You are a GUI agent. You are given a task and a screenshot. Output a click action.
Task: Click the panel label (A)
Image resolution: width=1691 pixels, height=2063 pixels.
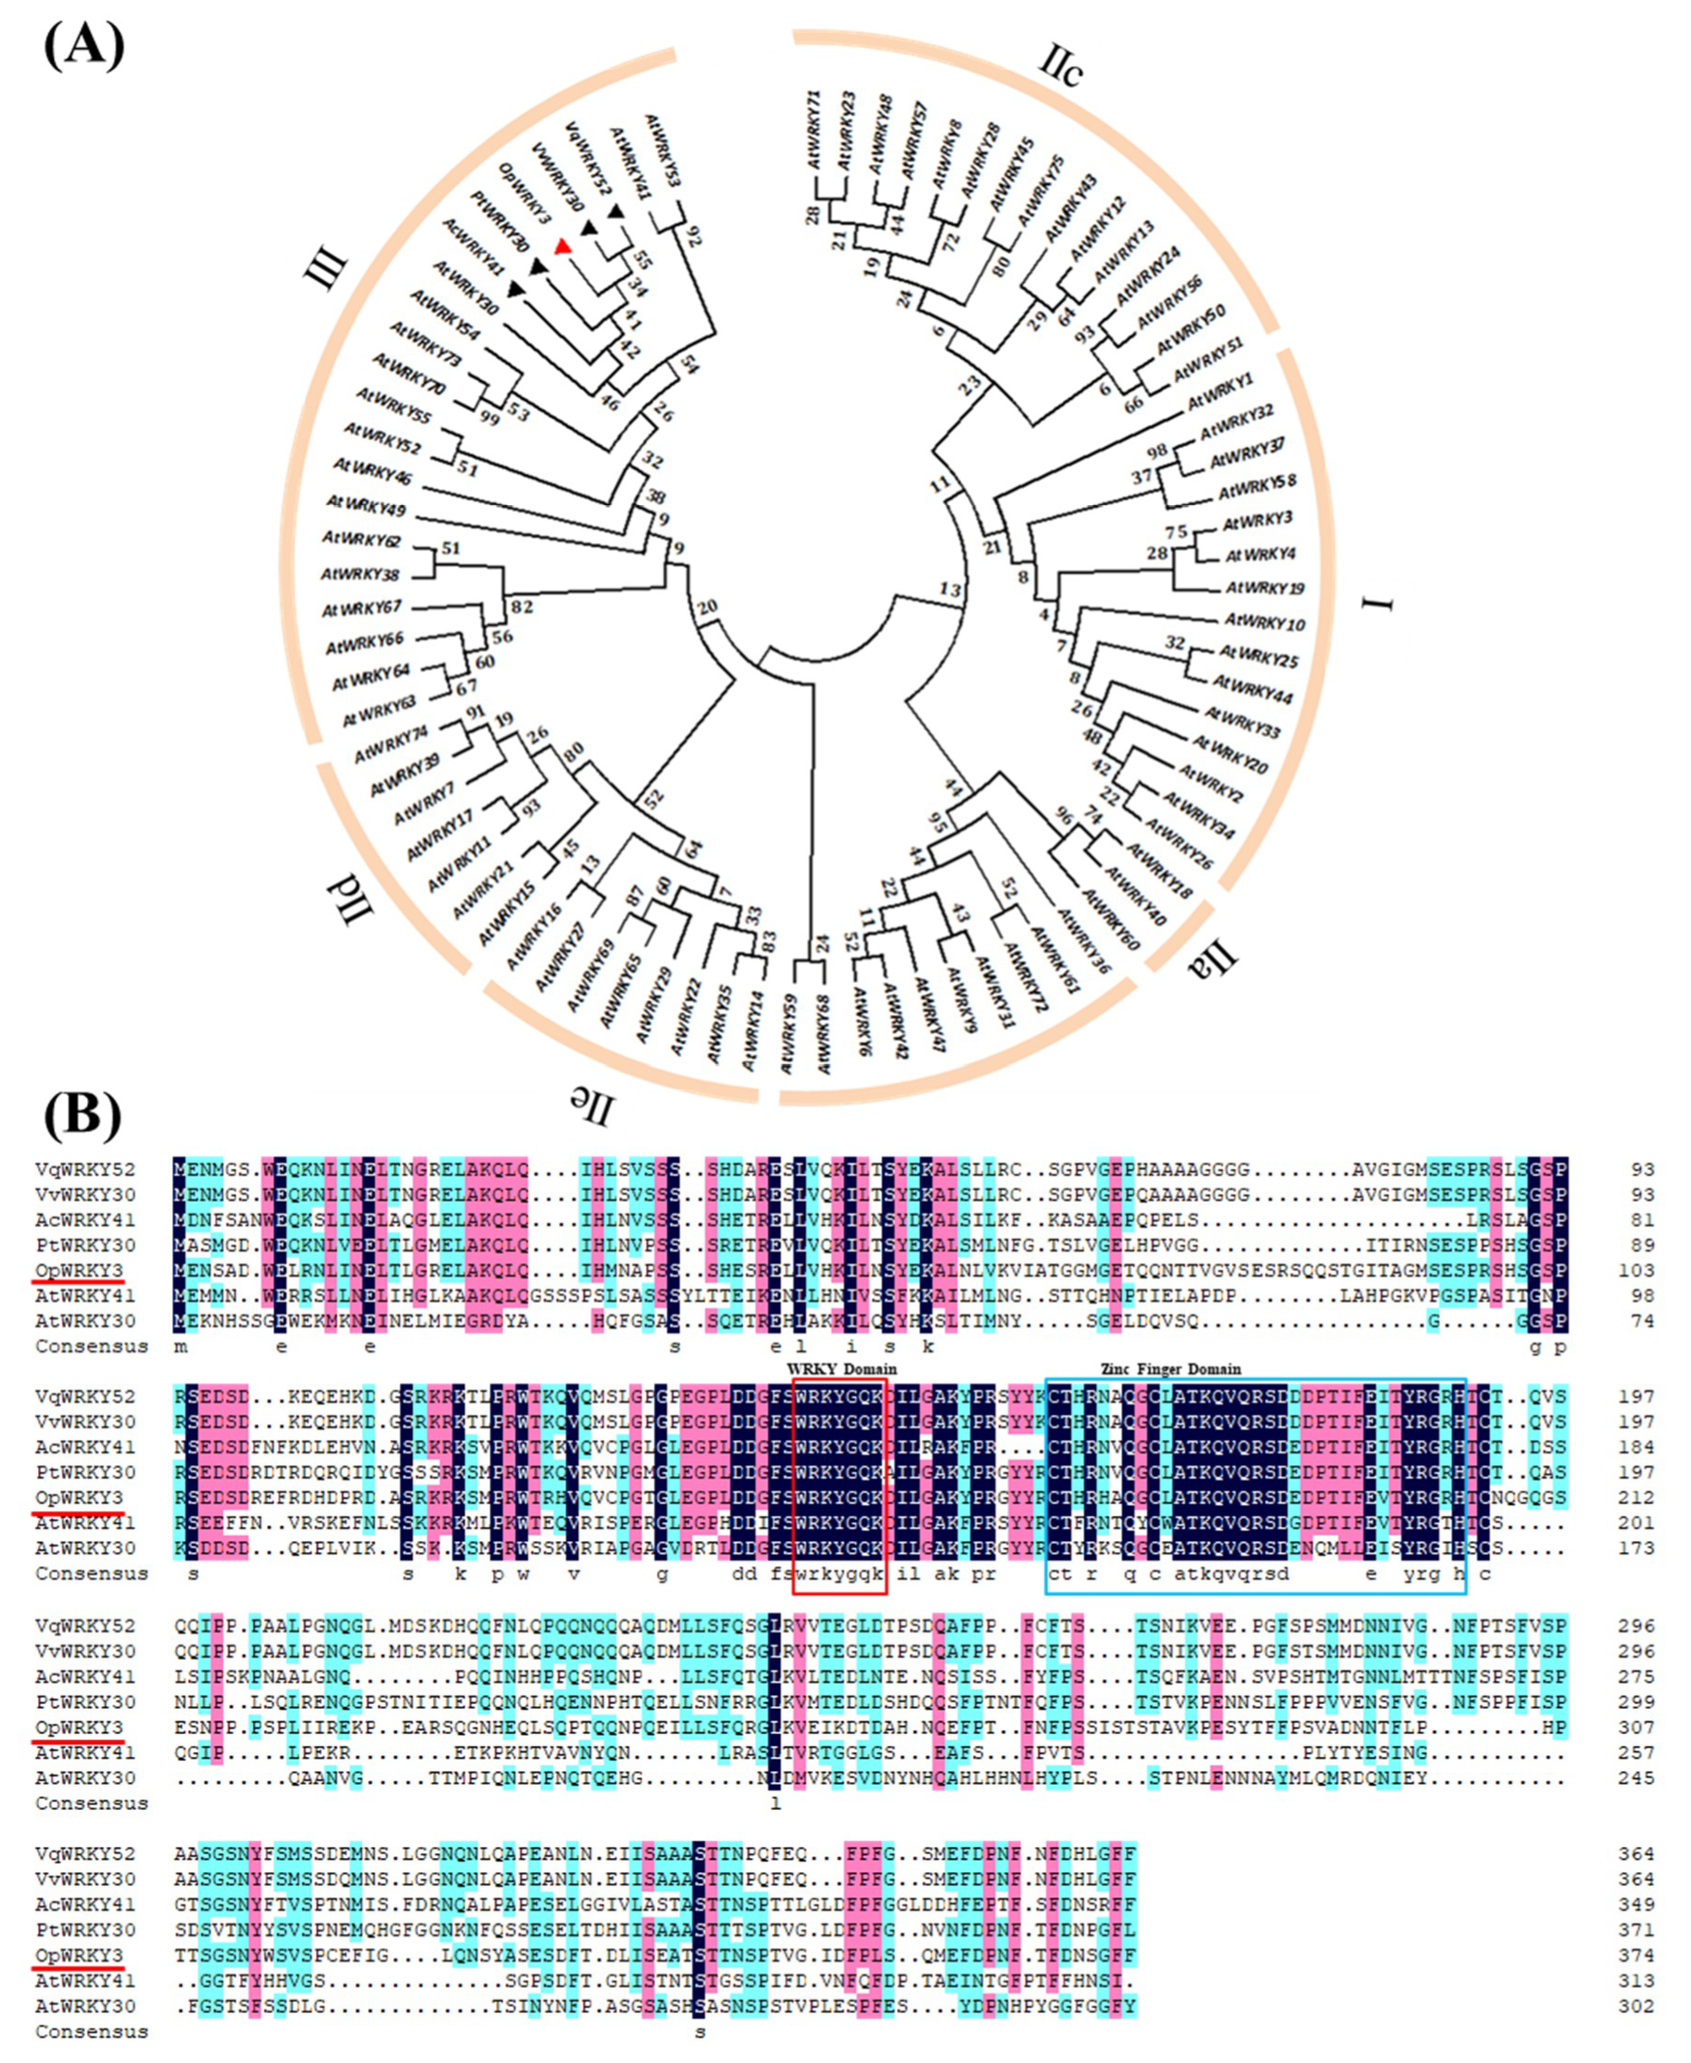click(83, 45)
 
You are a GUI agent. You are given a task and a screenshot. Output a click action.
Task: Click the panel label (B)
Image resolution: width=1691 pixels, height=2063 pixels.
click(82, 1116)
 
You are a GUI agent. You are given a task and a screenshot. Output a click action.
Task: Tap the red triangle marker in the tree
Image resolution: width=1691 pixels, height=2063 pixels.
click(562, 247)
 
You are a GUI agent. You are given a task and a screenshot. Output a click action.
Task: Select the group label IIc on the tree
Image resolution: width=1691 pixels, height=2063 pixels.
click(1061, 65)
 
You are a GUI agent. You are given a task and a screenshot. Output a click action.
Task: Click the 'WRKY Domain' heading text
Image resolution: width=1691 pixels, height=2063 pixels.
click(841, 1369)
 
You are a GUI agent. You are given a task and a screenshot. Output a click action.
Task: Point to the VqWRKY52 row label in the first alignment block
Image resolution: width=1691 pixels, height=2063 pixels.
click(86, 1168)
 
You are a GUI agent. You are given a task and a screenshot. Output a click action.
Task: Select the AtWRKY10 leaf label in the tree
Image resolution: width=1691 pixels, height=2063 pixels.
click(1265, 620)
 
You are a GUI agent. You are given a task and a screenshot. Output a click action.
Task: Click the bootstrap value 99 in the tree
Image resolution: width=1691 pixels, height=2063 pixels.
click(490, 417)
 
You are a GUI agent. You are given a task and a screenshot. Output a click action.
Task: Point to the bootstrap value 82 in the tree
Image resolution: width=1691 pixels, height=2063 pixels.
click(522, 606)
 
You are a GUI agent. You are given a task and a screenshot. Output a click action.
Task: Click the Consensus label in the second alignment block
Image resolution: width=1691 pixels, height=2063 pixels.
click(92, 1573)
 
